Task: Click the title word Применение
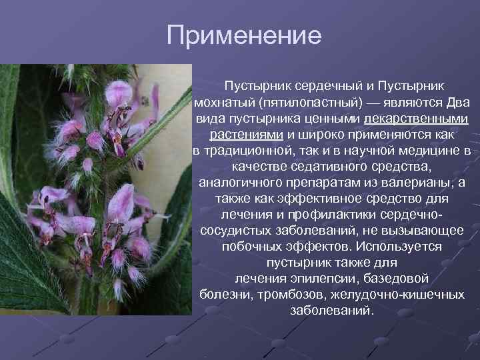[243, 35]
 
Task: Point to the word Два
[457, 103]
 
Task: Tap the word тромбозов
[291, 295]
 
